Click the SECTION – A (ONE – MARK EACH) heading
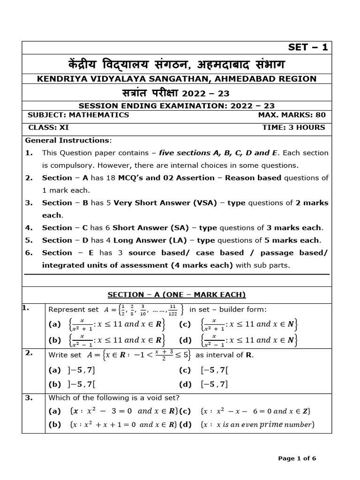pyautogui.click(x=177, y=294)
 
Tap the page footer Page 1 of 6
pyautogui.click(x=297, y=458)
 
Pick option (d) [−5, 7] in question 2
pyautogui.click(x=204, y=384)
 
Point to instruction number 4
pyautogui.click(x=29, y=228)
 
